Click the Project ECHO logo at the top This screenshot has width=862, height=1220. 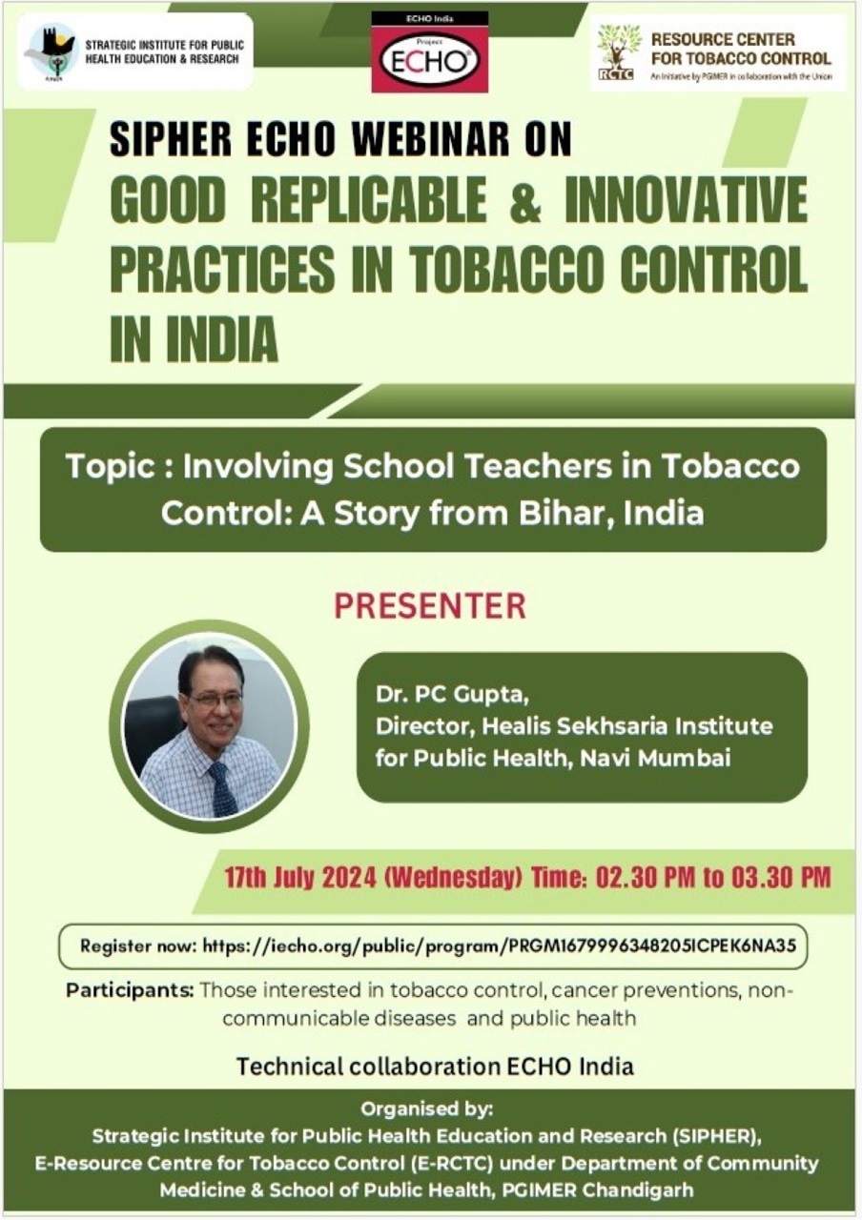[430, 52]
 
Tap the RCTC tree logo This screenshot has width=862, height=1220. [618, 52]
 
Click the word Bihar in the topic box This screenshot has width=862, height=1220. [564, 513]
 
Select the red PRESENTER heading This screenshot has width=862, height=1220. [430, 605]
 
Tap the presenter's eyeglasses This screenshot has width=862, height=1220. [215, 700]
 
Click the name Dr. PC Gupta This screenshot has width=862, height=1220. [452, 695]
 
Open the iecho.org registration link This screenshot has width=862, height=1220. [500, 946]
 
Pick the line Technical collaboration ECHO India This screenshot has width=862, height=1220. [435, 1066]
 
